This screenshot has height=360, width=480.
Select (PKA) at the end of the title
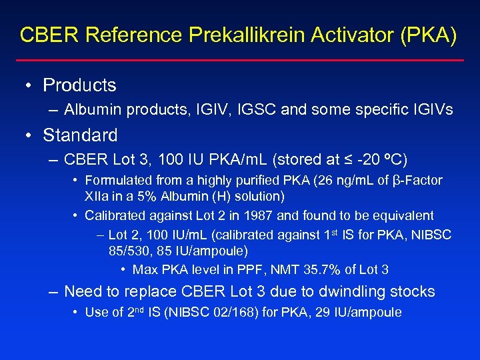[431, 35]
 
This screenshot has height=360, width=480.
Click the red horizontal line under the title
[240, 61]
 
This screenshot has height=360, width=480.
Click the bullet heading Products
[79, 85]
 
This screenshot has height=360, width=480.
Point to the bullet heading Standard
[80, 135]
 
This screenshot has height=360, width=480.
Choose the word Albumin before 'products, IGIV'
[89, 109]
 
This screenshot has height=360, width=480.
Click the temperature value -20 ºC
[379, 160]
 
